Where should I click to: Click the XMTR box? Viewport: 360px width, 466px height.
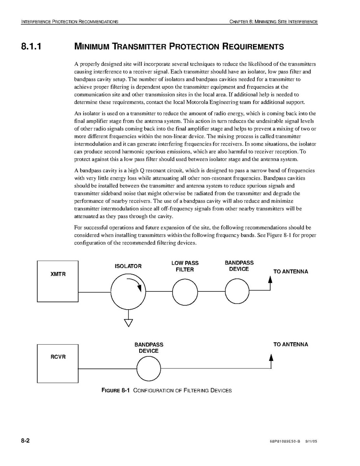[58, 281]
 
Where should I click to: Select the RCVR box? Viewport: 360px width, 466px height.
[58, 363]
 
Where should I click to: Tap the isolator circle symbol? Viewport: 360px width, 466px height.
[128, 292]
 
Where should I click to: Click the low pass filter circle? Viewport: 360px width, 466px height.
[185, 292]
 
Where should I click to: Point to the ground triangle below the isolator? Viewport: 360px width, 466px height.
[128, 323]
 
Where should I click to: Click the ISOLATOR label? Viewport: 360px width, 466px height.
[128, 266]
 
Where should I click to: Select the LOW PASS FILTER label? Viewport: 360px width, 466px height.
[185, 266]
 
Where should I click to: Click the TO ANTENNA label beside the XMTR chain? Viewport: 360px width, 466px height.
[290, 272]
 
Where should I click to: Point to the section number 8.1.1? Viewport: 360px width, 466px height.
[31, 47]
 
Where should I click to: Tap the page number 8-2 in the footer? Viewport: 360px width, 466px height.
[26, 441]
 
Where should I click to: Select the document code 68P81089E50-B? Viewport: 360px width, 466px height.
[285, 442]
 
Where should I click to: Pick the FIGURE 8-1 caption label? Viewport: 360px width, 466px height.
[115, 390]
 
